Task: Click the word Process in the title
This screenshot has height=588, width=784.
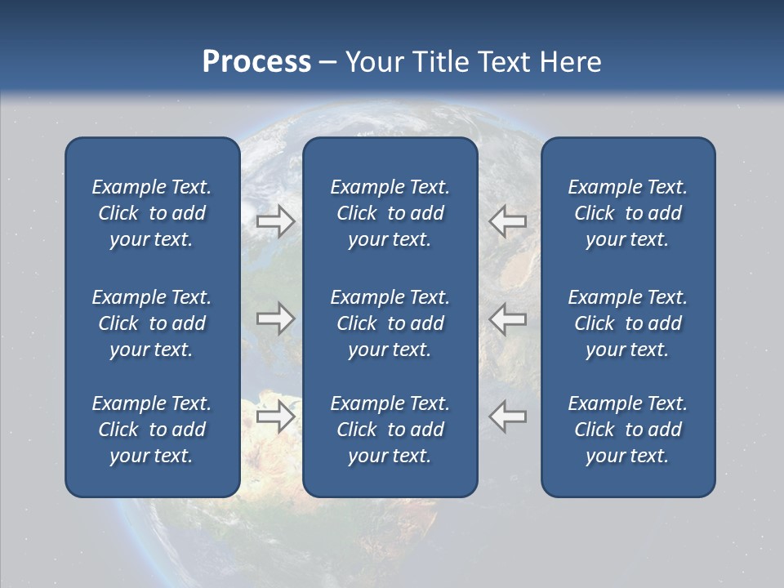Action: [256, 62]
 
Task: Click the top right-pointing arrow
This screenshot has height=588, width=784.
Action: [275, 221]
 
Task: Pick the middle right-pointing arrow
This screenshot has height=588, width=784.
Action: [275, 318]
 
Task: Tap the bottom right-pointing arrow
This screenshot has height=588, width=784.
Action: [275, 416]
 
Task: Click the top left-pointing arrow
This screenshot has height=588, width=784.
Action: [508, 221]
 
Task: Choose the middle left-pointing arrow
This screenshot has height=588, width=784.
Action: [508, 318]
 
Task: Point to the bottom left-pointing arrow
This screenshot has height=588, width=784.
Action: [508, 416]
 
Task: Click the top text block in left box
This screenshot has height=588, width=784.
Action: [152, 213]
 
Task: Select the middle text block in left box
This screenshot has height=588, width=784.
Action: [152, 323]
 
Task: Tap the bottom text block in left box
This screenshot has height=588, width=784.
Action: [152, 430]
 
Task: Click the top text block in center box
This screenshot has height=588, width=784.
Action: [390, 213]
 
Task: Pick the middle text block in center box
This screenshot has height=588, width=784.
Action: [390, 323]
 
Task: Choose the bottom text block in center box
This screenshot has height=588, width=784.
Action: [390, 430]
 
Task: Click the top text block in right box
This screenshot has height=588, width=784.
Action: [627, 213]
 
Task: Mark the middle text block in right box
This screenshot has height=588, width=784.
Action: [627, 323]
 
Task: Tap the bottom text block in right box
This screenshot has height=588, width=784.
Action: [627, 430]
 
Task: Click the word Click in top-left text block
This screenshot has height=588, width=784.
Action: [118, 214]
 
